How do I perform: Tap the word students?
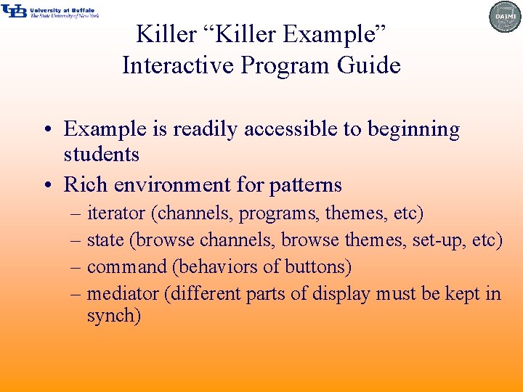click(x=101, y=154)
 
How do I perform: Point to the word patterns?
click(x=305, y=185)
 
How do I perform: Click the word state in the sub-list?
click(x=104, y=240)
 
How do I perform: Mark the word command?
click(x=126, y=266)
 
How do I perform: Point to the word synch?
click(x=113, y=316)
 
